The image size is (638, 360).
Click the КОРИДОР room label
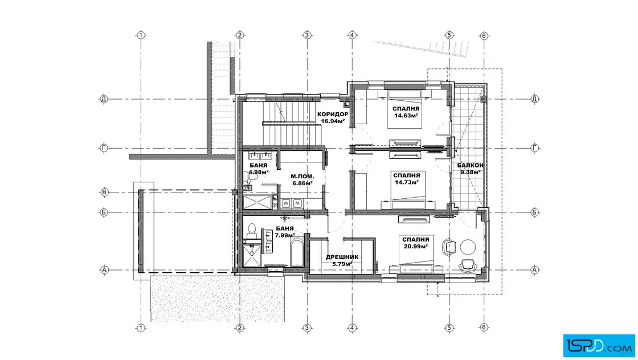point(333,114)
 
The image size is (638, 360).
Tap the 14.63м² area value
point(406,116)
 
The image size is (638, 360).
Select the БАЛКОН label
point(471,166)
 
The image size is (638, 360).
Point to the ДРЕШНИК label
point(342,257)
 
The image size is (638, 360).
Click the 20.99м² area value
point(415,247)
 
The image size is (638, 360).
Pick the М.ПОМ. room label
point(302,177)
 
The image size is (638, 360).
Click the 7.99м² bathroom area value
point(285,235)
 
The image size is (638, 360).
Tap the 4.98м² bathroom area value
point(259,172)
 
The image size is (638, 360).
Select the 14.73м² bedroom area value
point(407,182)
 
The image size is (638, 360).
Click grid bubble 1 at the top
point(141,35)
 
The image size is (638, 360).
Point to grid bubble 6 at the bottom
point(484,328)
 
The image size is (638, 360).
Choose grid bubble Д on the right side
point(535,99)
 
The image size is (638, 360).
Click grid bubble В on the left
point(104,193)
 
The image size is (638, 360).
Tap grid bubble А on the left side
point(104,269)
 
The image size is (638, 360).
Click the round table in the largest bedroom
point(468,247)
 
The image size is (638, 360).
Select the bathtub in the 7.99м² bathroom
point(297,252)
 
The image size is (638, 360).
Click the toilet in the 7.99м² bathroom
point(251,231)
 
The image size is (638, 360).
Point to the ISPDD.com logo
point(599,346)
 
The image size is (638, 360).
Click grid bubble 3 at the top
point(307,35)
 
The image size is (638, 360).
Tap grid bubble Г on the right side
point(535,148)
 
